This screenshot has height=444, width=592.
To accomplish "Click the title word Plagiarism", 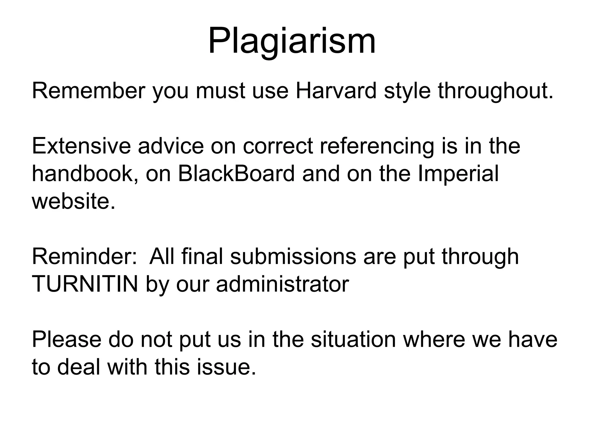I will click(292, 41).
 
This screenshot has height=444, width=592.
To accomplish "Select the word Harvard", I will click(336, 91).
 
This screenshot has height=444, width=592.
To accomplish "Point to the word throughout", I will click(495, 91).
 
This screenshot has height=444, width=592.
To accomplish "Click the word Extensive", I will click(81, 146).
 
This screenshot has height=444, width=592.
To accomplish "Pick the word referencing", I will click(377, 146).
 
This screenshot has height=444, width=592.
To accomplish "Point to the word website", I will click(73, 201).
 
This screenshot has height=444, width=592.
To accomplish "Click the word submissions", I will click(293, 257).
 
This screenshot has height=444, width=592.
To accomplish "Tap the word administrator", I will click(282, 284).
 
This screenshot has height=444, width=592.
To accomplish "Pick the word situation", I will click(353, 340).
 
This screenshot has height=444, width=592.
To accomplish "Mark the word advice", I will click(171, 146).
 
